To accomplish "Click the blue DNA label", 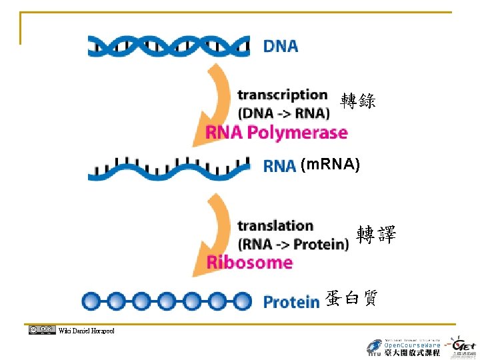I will [x=281, y=47].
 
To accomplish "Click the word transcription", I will [x=283, y=95].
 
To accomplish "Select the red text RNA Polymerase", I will [x=277, y=133].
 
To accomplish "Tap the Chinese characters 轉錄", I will [x=358, y=101].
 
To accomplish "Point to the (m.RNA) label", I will [x=330, y=165].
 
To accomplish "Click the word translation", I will [x=275, y=226].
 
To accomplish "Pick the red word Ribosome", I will [x=249, y=262].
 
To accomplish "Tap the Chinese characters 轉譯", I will [x=376, y=235].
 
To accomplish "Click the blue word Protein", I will [x=291, y=302].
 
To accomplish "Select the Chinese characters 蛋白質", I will [x=351, y=299].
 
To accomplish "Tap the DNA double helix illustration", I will [x=169, y=47].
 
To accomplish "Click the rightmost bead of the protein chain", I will [x=241, y=301].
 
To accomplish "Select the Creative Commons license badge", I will [x=41, y=329].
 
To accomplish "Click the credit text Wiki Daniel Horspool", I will [x=87, y=331].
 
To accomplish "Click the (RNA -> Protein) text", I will [x=293, y=244].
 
